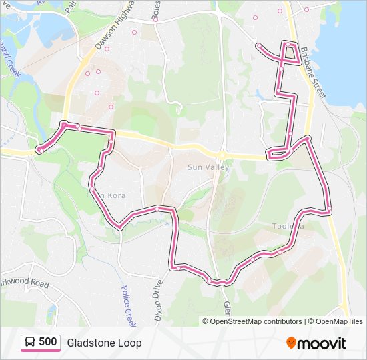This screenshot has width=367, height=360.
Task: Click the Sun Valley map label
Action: coord(208,167)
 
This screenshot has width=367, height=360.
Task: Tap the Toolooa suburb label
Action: coord(288,226)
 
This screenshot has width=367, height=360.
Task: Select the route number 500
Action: coord(47,342)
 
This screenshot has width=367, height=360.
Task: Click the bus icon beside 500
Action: coord(31,343)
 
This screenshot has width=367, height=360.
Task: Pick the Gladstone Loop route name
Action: coord(104,343)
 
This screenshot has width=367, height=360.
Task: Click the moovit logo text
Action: coord(322,343)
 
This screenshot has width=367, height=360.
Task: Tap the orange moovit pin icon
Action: coord(291,343)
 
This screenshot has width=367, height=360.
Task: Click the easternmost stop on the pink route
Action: coord(329,211)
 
